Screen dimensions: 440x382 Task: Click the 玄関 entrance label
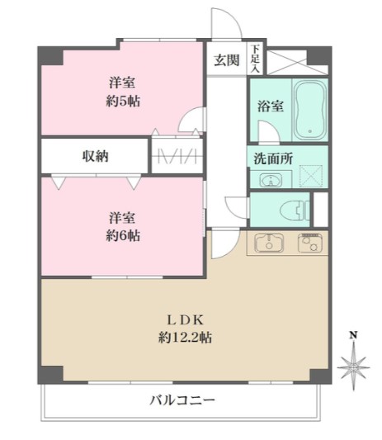pyautogui.click(x=226, y=59)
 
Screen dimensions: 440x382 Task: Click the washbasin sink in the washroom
pyautogui.click(x=268, y=178)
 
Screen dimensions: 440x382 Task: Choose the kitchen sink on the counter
pyautogui.click(x=268, y=243)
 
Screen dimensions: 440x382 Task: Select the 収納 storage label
pyautogui.click(x=95, y=155)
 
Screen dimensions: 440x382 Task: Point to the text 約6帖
pyautogui.click(x=121, y=235)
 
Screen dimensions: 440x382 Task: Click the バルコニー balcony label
pyautogui.click(x=182, y=400)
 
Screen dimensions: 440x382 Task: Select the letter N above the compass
pyautogui.click(x=352, y=335)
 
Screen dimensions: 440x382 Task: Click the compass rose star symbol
pyautogui.click(x=352, y=362)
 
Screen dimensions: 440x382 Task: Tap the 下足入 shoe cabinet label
pyautogui.click(x=256, y=58)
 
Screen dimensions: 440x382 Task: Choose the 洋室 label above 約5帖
pyautogui.click(x=120, y=82)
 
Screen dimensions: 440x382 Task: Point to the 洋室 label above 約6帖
pyautogui.click(x=121, y=218)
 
